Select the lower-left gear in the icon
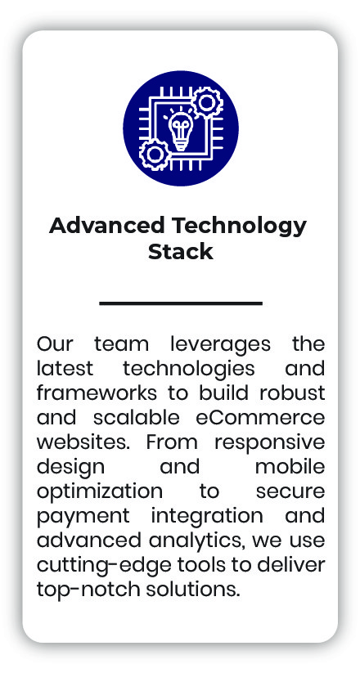click(x=152, y=154)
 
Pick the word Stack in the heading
click(x=180, y=251)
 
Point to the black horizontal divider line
click(x=180, y=303)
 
